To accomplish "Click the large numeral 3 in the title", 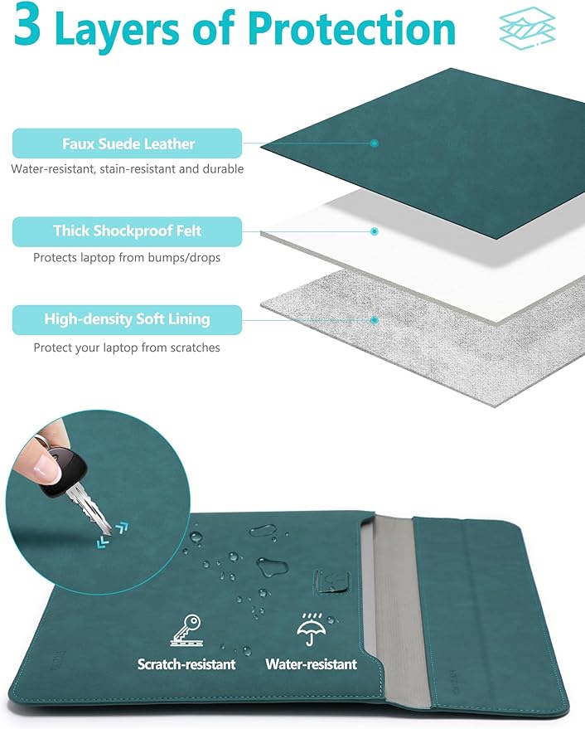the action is click(x=27, y=25).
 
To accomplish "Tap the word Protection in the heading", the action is click(x=351, y=29).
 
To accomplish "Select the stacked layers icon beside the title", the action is click(x=527, y=29).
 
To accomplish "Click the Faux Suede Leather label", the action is click(x=128, y=143).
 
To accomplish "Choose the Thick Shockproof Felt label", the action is click(x=128, y=231).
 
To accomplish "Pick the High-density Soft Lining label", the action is click(x=128, y=320).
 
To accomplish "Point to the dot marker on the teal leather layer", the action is click(x=374, y=143).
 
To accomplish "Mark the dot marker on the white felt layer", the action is click(x=374, y=231).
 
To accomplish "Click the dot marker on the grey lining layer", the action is click(x=374, y=320).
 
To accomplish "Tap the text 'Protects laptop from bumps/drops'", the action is click(x=127, y=258).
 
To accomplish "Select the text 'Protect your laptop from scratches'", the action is click(x=127, y=347).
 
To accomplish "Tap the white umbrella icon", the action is click(x=312, y=629).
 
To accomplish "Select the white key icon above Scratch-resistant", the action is click(x=186, y=630).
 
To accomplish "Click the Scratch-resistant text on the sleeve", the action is click(x=186, y=664).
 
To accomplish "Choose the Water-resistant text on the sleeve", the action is click(x=312, y=664).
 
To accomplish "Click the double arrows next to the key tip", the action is click(x=113, y=535).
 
